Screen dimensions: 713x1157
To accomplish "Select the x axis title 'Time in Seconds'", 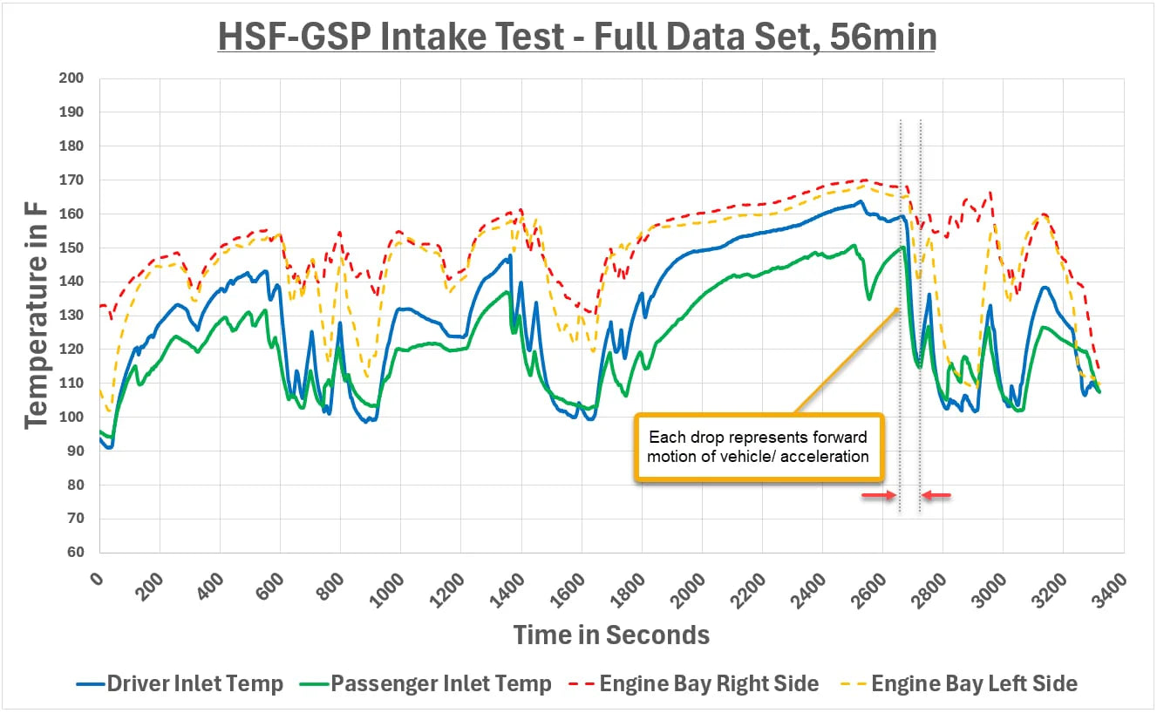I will click(611, 635).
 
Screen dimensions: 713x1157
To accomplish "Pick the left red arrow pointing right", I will click(879, 495).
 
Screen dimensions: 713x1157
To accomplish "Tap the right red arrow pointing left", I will click(937, 495).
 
